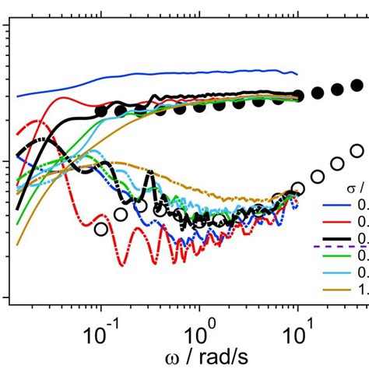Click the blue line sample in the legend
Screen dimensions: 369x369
click(339, 206)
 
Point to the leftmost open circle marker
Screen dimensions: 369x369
click(101, 228)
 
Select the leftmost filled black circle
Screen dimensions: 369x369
click(100, 111)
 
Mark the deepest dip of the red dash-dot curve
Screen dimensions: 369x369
click(122, 265)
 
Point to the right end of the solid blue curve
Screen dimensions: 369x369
click(297, 74)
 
